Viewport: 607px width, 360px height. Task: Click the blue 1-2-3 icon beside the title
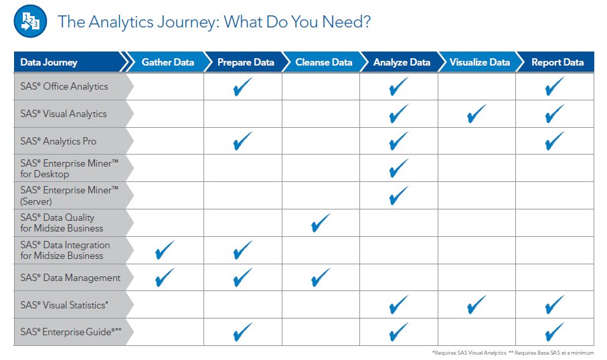click(30, 21)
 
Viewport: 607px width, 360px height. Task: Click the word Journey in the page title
click(187, 23)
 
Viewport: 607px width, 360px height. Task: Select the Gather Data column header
click(167, 62)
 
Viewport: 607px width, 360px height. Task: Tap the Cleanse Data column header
click(324, 62)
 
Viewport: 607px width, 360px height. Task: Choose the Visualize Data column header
click(480, 62)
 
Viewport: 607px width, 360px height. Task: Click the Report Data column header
click(557, 62)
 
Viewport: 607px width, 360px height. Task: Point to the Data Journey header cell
click(49, 62)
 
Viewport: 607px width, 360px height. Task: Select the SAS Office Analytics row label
click(64, 86)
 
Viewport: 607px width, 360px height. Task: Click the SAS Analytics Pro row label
click(58, 141)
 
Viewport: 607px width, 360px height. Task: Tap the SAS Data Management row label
click(70, 278)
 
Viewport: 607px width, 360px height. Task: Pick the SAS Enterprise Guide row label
click(71, 332)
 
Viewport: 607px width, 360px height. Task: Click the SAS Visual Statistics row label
click(64, 305)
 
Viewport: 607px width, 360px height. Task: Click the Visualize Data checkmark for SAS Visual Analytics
click(476, 113)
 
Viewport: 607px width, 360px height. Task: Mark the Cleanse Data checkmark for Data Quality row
click(321, 223)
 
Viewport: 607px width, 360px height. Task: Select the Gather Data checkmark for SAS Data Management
click(165, 278)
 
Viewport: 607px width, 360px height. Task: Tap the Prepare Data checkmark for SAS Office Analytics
click(243, 86)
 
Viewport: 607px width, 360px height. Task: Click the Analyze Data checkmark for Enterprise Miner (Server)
click(398, 195)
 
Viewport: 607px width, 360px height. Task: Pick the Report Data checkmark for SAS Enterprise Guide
click(554, 332)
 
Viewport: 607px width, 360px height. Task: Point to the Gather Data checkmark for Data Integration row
click(165, 250)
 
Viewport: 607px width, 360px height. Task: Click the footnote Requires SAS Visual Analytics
click(469, 353)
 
